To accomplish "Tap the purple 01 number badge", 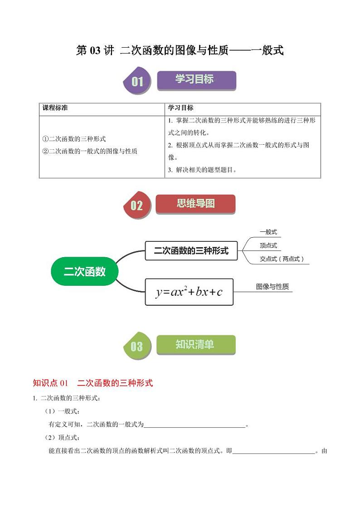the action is pyautogui.click(x=137, y=81).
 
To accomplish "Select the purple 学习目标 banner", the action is pyautogui.click(x=196, y=80).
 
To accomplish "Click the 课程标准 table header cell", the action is pyautogui.click(x=55, y=108).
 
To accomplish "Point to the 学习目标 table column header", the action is pyautogui.click(x=180, y=108).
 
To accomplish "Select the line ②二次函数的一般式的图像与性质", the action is pyautogui.click(x=90, y=151).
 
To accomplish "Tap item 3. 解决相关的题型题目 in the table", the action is pyautogui.click(x=202, y=170).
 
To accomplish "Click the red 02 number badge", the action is pyautogui.click(x=136, y=206).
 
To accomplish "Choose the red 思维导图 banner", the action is pyautogui.click(x=195, y=204).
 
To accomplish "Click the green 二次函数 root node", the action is pyautogui.click(x=84, y=272).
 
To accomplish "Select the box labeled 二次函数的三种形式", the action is pyautogui.click(x=191, y=250).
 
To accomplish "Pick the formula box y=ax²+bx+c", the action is pyautogui.click(x=189, y=292).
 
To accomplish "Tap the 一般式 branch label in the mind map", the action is pyautogui.click(x=268, y=232).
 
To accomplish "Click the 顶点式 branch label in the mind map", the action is pyautogui.click(x=268, y=246).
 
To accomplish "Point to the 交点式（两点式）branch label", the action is pyautogui.click(x=282, y=259).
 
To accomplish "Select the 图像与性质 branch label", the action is pyautogui.click(x=272, y=287).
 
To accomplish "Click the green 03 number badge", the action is pyautogui.click(x=136, y=347).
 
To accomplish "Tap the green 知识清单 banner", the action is pyautogui.click(x=195, y=345).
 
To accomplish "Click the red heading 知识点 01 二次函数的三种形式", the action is pyautogui.click(x=93, y=383).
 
